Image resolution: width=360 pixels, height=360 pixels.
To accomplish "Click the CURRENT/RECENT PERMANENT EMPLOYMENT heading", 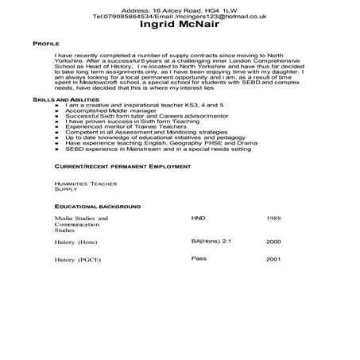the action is (x=122, y=168).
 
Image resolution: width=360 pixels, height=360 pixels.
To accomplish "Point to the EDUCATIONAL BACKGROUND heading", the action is (x=94, y=205).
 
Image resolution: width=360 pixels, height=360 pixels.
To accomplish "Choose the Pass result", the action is (x=199, y=258).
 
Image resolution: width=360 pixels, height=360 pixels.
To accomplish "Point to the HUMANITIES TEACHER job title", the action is (x=85, y=184).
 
